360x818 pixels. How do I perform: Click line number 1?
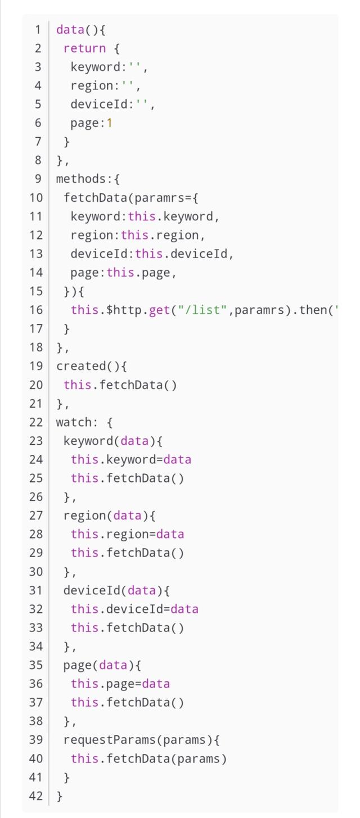click(x=38, y=30)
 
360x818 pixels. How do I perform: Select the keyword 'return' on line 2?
click(x=84, y=48)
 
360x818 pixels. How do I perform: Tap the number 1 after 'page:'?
click(x=109, y=123)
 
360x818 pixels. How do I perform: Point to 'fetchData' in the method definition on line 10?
click(x=95, y=197)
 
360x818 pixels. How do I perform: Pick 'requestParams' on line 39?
click(x=109, y=740)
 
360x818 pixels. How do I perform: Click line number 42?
click(x=36, y=796)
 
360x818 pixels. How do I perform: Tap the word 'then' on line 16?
click(x=313, y=310)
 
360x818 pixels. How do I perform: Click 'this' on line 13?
click(x=148, y=254)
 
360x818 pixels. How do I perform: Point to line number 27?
click(x=36, y=516)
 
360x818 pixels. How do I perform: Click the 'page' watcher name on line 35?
click(x=77, y=666)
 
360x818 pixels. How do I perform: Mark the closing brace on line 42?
click(x=60, y=796)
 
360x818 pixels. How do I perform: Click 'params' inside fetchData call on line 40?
click(x=199, y=759)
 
